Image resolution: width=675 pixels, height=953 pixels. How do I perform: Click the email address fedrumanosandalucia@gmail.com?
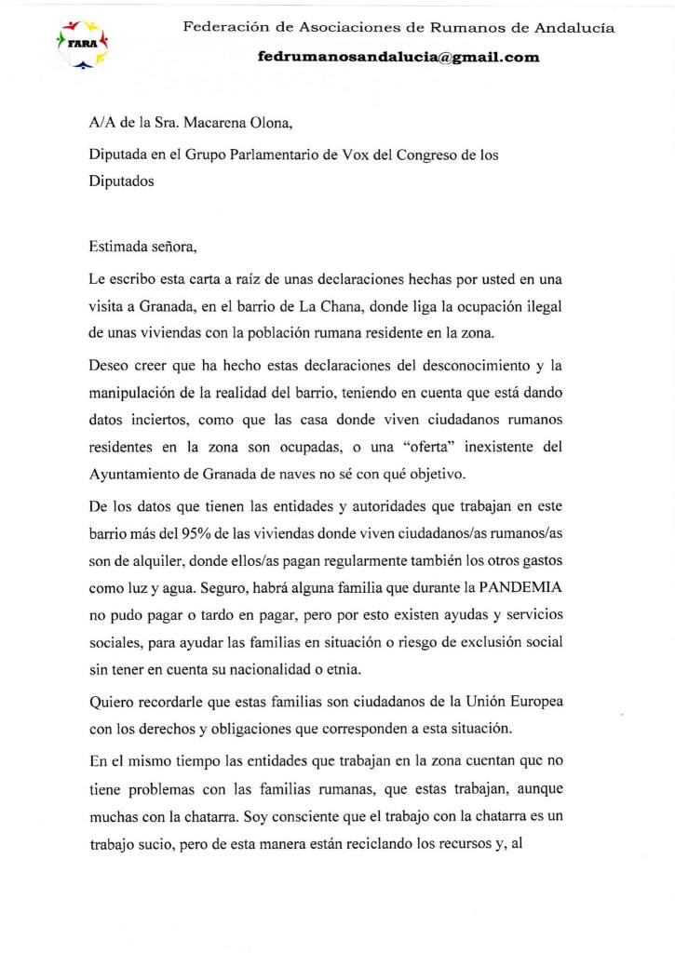tap(398, 57)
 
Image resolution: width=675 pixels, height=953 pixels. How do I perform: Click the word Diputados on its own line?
tap(121, 182)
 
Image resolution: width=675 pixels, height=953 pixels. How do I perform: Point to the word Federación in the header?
tap(224, 28)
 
